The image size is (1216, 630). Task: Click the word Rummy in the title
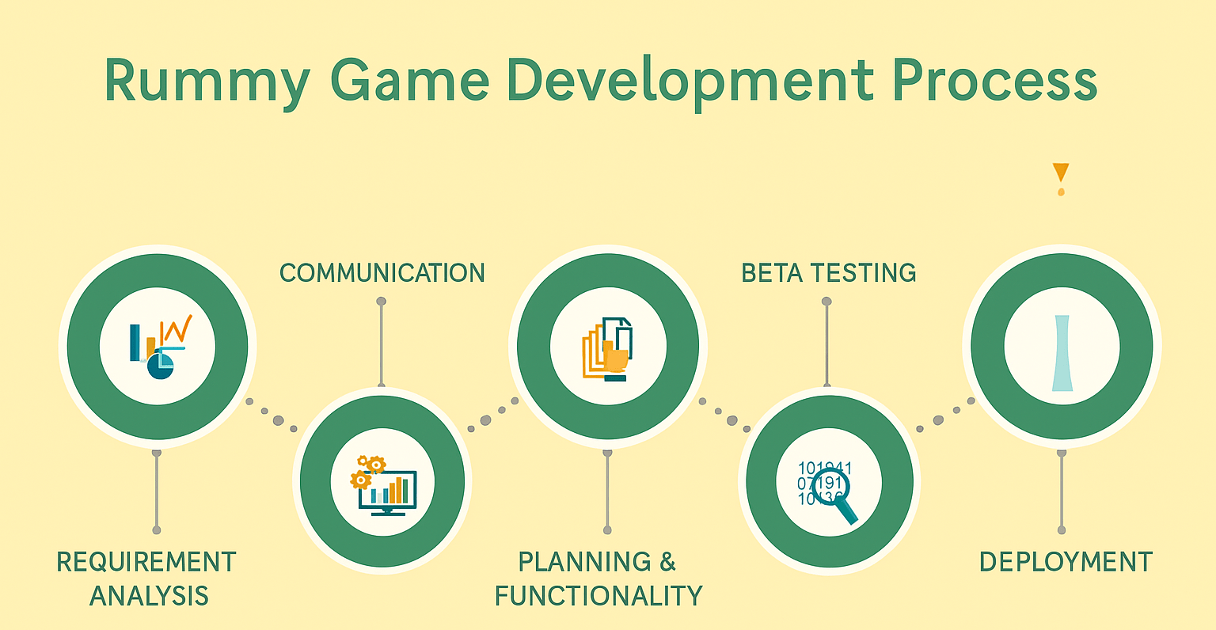tap(207, 82)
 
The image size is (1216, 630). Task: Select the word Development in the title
tap(690, 82)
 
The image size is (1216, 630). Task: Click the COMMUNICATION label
tap(382, 273)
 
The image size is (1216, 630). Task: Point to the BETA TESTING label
tap(828, 273)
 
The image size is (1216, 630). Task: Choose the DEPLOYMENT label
tap(1066, 562)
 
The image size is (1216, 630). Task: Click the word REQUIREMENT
tap(146, 562)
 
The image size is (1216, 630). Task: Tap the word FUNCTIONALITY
tap(598, 596)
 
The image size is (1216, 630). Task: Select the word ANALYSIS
tap(149, 596)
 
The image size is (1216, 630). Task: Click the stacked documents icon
tap(607, 349)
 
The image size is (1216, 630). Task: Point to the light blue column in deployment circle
tap(1062, 353)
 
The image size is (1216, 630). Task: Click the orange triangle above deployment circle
tap(1061, 172)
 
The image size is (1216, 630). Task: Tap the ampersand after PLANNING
tap(667, 562)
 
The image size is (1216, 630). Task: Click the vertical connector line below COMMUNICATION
tap(382, 343)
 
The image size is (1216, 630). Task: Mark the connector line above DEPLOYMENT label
tap(1062, 491)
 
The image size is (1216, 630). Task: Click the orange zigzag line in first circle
tap(177, 328)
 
